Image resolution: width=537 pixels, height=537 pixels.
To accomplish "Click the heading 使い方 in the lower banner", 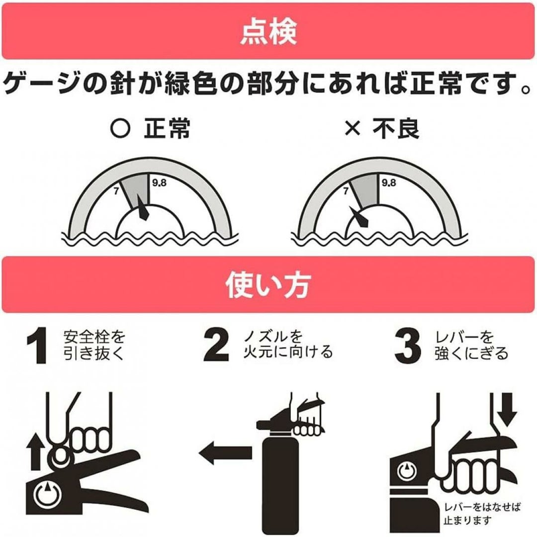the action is (x=268, y=284).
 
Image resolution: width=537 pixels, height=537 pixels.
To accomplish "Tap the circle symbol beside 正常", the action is (x=120, y=129).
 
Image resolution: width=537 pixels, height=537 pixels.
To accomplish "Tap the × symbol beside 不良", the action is (x=353, y=129).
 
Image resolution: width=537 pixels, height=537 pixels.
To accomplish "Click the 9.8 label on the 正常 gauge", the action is (x=159, y=183).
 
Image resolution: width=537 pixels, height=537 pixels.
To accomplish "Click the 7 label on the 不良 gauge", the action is (x=346, y=191).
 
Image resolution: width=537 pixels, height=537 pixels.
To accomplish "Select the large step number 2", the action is (x=216, y=345).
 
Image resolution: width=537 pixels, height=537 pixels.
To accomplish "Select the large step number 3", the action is (x=408, y=346).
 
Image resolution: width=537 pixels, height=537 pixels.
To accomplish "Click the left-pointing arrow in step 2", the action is (x=225, y=452).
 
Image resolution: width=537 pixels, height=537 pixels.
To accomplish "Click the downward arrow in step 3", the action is (x=507, y=409).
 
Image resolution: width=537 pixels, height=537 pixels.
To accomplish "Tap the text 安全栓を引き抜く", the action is (x=94, y=345).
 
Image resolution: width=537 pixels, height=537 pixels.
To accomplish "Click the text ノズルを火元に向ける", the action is (x=288, y=345).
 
